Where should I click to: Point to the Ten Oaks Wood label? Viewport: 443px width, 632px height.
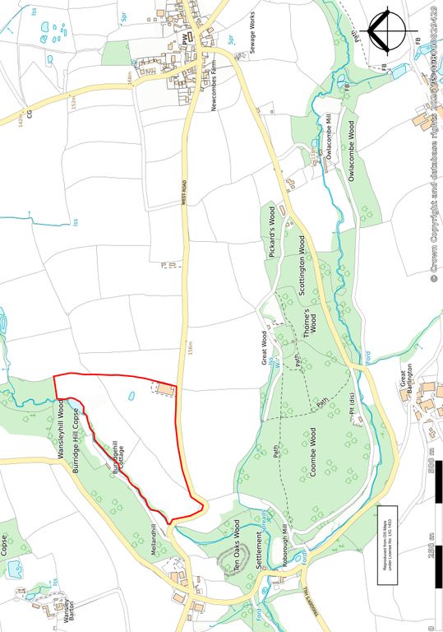tap(238, 546)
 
